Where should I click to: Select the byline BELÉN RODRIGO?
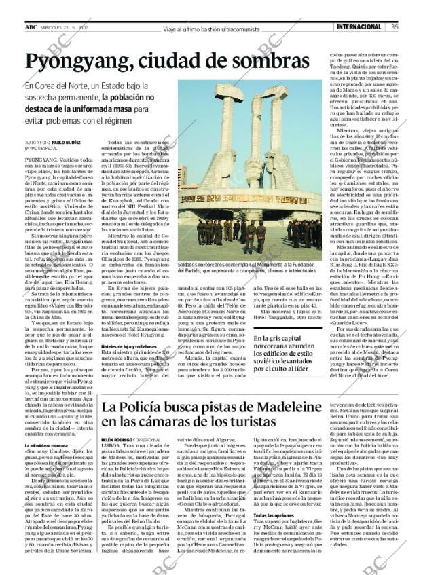pos(115,440)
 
